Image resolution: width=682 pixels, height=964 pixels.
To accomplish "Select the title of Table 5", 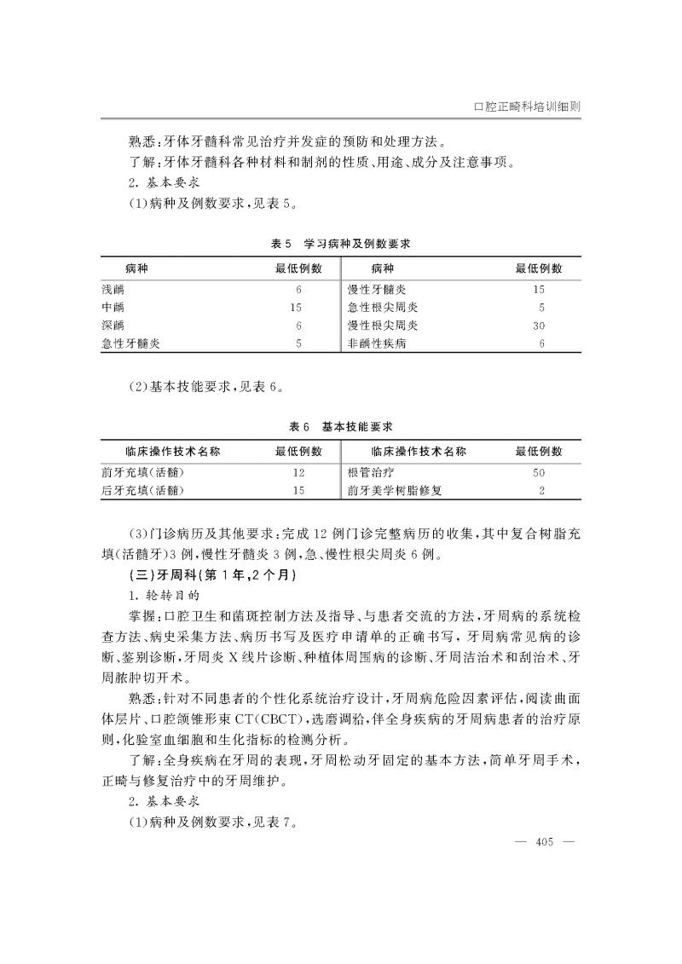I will (340, 244).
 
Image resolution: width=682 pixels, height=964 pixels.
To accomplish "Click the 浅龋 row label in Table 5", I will (113, 289).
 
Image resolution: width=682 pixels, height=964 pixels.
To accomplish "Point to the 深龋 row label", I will (113, 326).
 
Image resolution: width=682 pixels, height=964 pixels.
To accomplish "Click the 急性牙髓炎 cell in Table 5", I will (130, 343).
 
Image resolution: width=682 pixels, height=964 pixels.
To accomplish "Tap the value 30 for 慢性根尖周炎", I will (539, 326).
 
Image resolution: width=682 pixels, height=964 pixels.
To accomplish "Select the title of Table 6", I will (340, 425).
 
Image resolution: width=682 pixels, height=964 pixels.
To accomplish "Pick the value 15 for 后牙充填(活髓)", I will (298, 490).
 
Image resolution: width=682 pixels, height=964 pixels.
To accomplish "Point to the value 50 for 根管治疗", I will (539, 471).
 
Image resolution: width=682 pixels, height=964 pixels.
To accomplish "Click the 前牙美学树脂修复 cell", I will (395, 490).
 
